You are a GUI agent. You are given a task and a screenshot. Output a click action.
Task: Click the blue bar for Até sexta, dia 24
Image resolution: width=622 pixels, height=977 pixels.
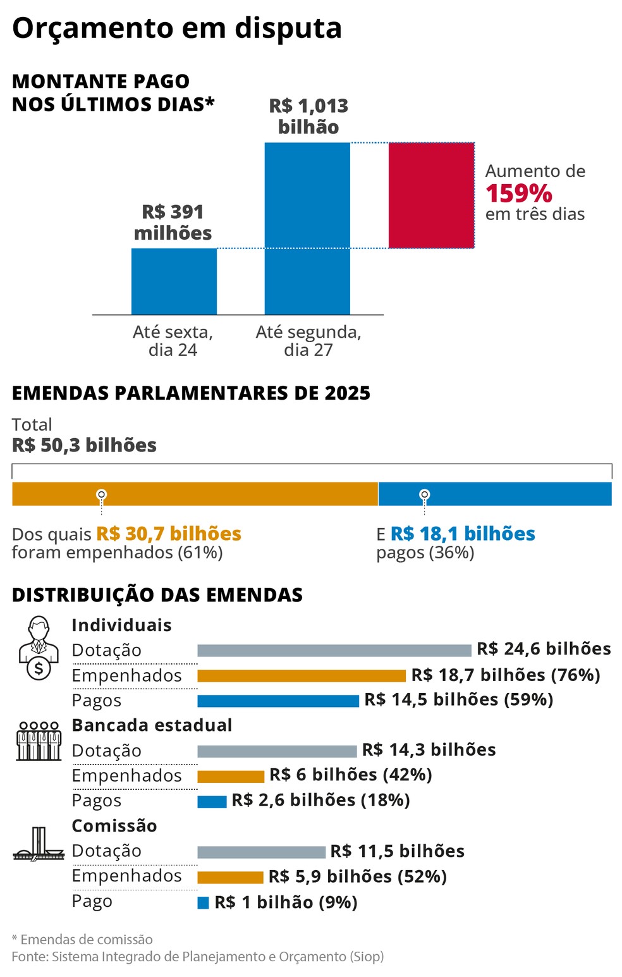coord(174,281)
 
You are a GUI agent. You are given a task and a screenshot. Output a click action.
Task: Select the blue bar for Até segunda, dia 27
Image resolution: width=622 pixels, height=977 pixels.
coord(307,228)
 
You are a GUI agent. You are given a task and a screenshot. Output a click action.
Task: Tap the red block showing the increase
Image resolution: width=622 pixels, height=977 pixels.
coord(431,195)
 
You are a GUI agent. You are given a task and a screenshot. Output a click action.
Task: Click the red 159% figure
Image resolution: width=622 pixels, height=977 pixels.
coord(518,194)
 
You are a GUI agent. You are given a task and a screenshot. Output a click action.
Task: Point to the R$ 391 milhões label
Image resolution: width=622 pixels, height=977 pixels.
coord(173,222)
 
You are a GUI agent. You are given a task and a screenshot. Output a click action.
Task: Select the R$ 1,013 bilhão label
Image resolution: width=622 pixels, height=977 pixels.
coord(308,116)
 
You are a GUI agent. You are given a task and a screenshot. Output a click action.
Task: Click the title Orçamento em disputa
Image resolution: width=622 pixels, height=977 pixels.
coord(177,28)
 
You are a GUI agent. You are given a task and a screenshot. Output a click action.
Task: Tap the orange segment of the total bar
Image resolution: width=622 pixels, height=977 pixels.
coord(195,494)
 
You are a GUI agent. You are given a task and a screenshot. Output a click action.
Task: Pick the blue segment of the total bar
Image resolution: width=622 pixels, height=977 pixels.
coord(494,494)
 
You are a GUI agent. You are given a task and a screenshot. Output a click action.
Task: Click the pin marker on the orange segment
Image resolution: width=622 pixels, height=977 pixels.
coord(101,494)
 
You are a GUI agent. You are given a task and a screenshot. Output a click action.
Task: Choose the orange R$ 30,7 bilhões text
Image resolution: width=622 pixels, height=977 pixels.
coord(169,534)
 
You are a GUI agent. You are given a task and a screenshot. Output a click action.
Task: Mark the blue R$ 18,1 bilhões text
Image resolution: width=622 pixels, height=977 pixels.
coord(463,534)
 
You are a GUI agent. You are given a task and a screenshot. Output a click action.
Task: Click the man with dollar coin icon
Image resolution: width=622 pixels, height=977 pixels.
coord(39,648)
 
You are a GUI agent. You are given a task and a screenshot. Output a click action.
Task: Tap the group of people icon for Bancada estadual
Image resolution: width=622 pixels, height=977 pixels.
coord(39,740)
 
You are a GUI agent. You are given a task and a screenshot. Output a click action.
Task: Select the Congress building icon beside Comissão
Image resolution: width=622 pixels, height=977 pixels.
coord(39,844)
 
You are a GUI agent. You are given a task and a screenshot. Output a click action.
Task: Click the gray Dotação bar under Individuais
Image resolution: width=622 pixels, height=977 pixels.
coord(334,650)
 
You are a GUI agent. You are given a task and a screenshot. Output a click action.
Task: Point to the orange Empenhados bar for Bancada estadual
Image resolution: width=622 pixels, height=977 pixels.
coord(231,776)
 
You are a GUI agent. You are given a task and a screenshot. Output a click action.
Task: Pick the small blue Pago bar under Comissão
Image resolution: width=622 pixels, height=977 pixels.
coord(203,902)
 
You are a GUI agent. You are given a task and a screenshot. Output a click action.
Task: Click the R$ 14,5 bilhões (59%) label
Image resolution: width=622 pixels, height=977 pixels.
coord(458,700)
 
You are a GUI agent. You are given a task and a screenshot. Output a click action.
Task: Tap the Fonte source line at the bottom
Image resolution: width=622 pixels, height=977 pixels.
coord(197,956)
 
